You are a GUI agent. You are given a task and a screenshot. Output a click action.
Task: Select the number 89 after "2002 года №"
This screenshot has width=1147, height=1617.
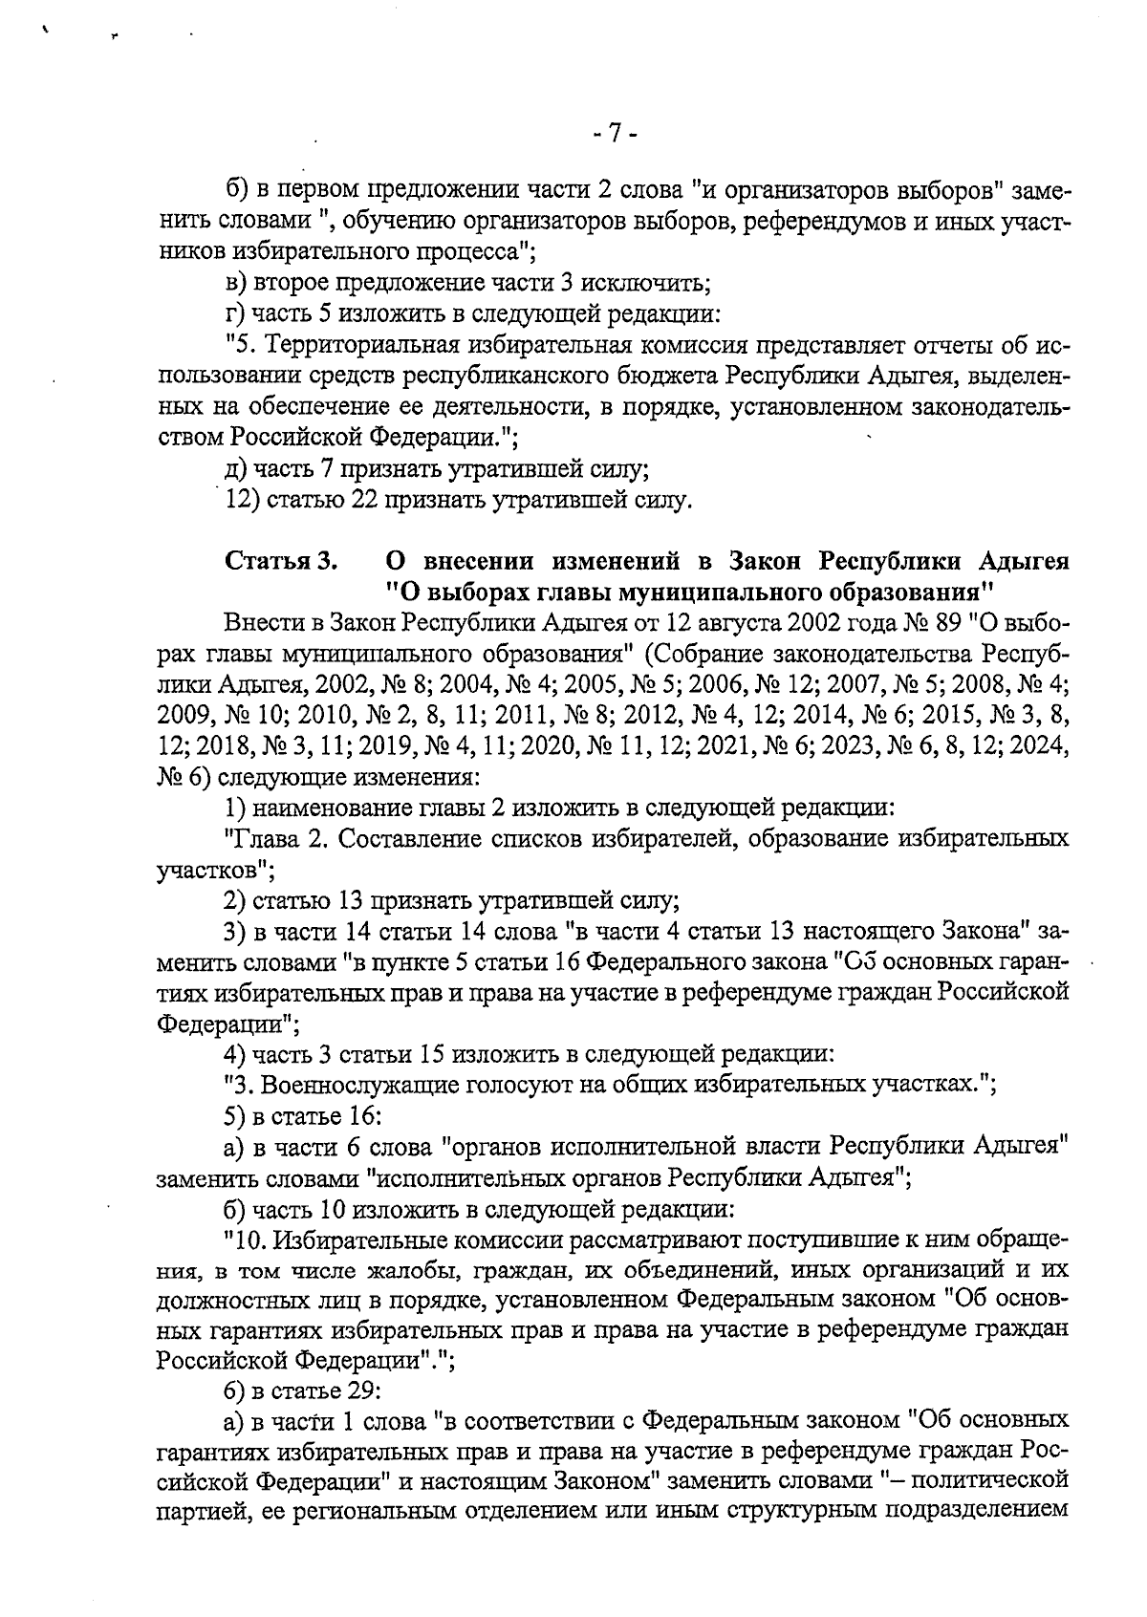click(944, 624)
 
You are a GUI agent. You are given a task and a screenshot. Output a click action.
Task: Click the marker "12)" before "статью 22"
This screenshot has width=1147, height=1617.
click(242, 500)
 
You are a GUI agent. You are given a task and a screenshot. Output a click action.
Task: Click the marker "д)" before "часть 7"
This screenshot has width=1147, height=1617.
click(234, 469)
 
